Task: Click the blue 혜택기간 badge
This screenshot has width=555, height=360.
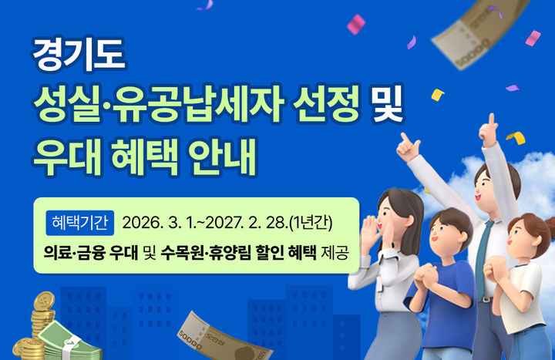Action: point(79,222)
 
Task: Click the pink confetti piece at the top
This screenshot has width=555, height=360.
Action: point(356,25)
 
